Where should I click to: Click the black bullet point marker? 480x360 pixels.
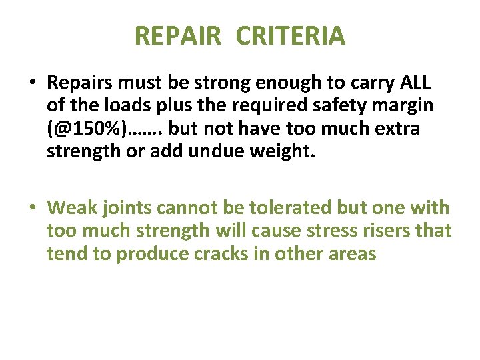(x=33, y=84)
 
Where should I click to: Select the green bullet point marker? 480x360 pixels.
(x=33, y=208)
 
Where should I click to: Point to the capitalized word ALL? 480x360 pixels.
(x=415, y=83)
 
